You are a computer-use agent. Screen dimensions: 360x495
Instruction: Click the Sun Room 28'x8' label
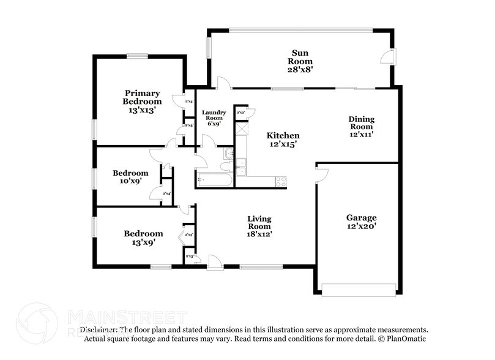tap(300, 62)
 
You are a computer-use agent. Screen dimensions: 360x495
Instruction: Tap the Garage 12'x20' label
tap(361, 222)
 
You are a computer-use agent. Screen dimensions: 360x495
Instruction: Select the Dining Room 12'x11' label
tap(361, 126)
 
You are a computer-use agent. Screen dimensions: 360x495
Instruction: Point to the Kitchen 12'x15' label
tap(282, 140)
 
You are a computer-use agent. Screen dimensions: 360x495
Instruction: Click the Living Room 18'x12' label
tap(259, 226)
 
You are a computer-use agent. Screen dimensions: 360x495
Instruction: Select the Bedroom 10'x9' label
tap(130, 178)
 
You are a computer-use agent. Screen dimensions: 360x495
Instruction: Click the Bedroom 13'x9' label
tap(143, 238)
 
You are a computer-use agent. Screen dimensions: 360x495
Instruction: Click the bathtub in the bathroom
tap(214, 179)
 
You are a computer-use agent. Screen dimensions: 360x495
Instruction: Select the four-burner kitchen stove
tap(281, 181)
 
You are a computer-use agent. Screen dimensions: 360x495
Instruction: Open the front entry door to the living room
tap(214, 263)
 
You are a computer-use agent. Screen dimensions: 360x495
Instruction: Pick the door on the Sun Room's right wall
tap(387, 58)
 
